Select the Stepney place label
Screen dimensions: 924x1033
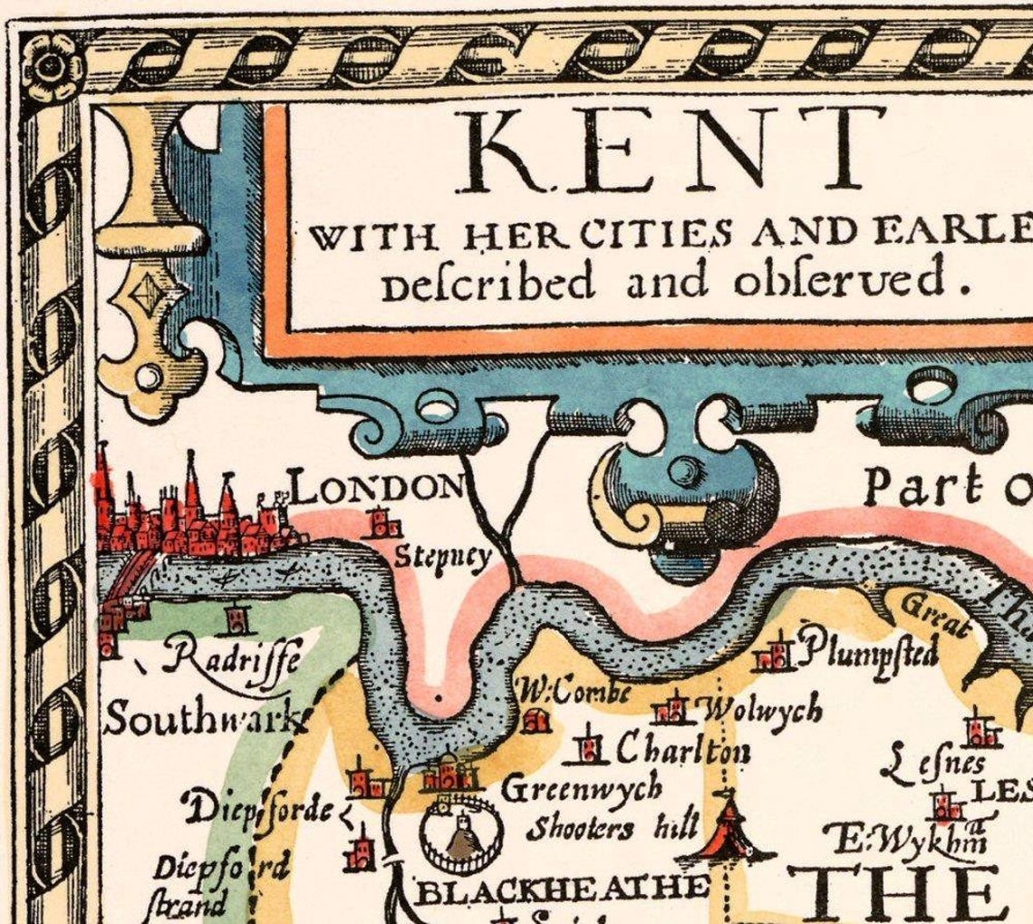click(441, 556)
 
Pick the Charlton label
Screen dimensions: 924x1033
click(683, 749)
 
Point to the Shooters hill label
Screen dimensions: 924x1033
click(613, 827)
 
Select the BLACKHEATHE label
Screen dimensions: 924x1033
click(561, 889)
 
